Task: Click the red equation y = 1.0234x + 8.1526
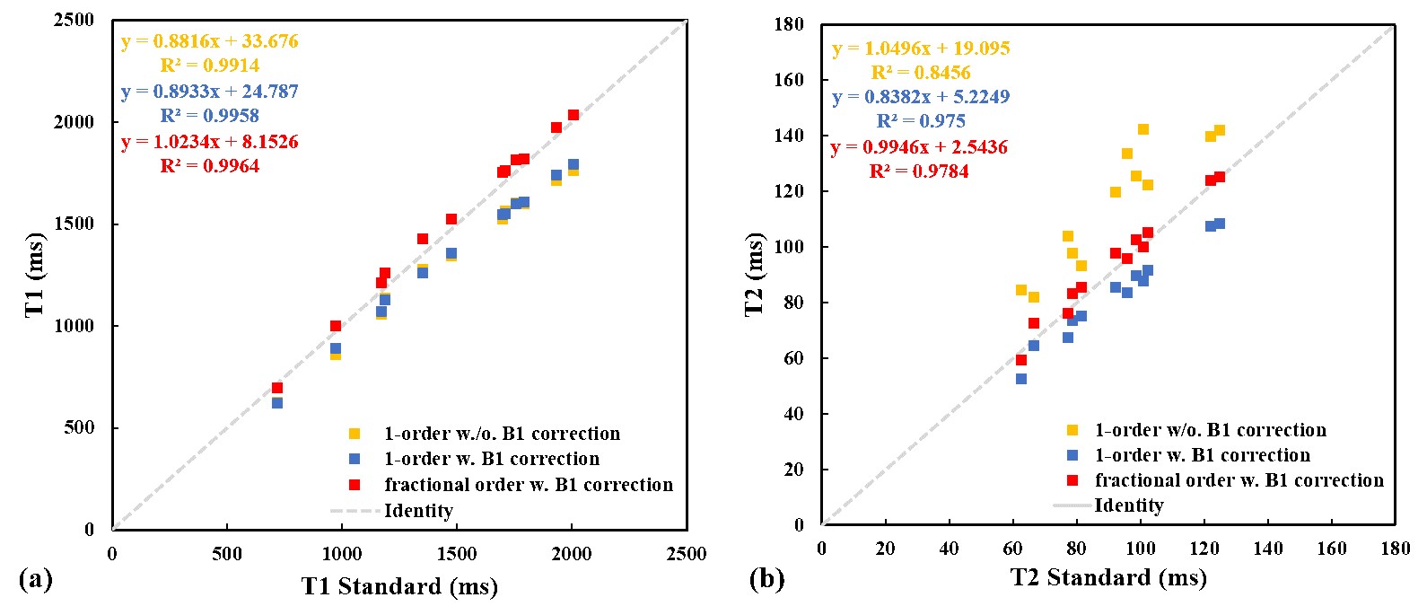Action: tap(210, 142)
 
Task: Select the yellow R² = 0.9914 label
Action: tap(210, 66)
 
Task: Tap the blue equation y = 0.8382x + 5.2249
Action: tap(921, 97)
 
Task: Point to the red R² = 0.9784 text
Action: tap(919, 171)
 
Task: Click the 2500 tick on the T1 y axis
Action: tap(74, 20)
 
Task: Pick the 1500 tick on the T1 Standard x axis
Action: tap(457, 554)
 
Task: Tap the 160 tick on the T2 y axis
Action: tap(789, 80)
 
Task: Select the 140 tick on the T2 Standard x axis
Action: tap(1268, 549)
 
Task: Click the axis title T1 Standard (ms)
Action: tap(399, 586)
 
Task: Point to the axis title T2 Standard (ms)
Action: tap(1108, 577)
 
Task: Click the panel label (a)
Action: tap(35, 579)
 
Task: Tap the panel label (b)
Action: tap(766, 579)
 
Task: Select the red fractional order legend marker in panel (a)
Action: tap(355, 485)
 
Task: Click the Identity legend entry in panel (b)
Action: tap(1128, 505)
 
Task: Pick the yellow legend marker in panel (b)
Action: tap(1072, 431)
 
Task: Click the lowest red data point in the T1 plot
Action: tap(277, 388)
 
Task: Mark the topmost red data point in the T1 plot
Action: tap(573, 115)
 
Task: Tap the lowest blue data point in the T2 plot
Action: tap(1021, 379)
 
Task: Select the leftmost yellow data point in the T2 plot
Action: tap(1021, 290)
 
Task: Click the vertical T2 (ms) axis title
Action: tap(755, 275)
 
